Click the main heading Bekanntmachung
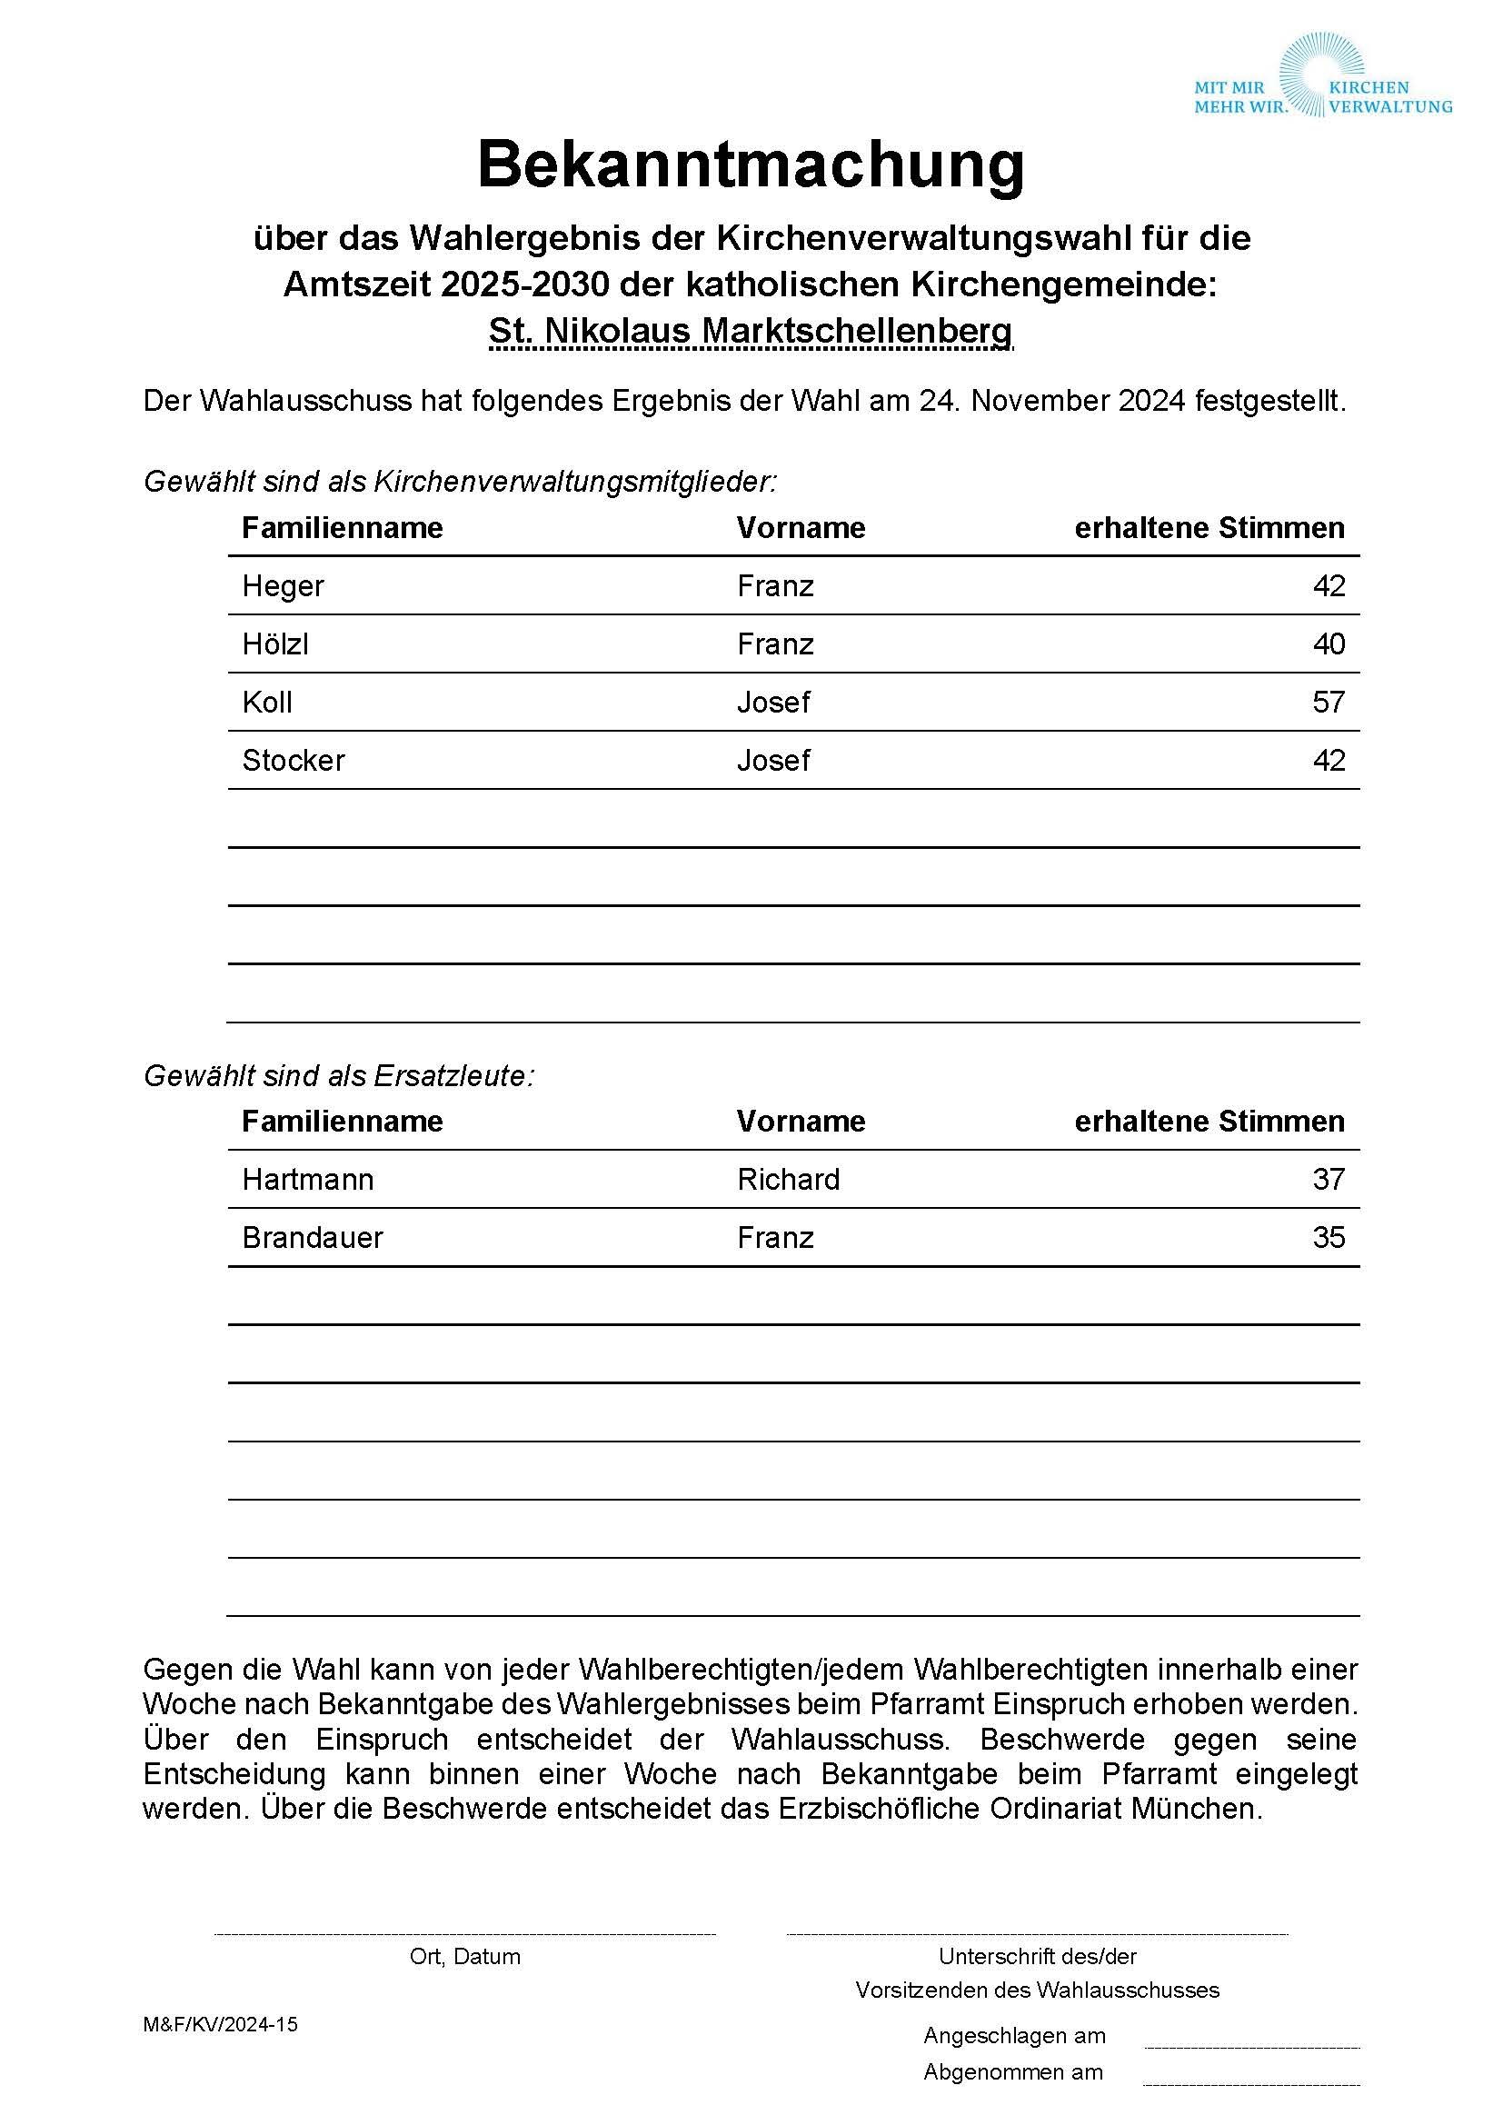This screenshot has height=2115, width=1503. pyautogui.click(x=751, y=165)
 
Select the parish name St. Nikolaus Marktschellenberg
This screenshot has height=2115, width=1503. pyautogui.click(x=751, y=332)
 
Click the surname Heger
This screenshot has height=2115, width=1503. pyautogui.click(x=284, y=587)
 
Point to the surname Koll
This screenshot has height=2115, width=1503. pyautogui.click(x=266, y=703)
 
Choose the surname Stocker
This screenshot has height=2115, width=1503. pyautogui.click(x=294, y=761)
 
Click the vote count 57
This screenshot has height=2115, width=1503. pyautogui.click(x=1329, y=703)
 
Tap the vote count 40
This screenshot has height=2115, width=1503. pyautogui.click(x=1329, y=644)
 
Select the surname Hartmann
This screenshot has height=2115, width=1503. pyautogui.click(x=308, y=1180)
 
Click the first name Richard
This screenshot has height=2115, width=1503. pyautogui.click(x=789, y=1180)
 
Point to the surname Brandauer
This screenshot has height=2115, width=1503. pyautogui.click(x=313, y=1239)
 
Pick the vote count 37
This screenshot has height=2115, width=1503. pyautogui.click(x=1329, y=1180)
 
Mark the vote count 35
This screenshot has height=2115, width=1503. pyautogui.click(x=1329, y=1239)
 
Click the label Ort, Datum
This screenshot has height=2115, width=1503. pyautogui.click(x=464, y=1957)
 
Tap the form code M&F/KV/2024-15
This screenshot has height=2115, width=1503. pyautogui.click(x=220, y=2025)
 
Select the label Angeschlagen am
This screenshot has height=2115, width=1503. pyautogui.click(x=1014, y=2036)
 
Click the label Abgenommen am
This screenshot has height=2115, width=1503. pyautogui.click(x=1013, y=2072)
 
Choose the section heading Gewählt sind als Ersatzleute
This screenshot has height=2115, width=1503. pyautogui.click(x=339, y=1076)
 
